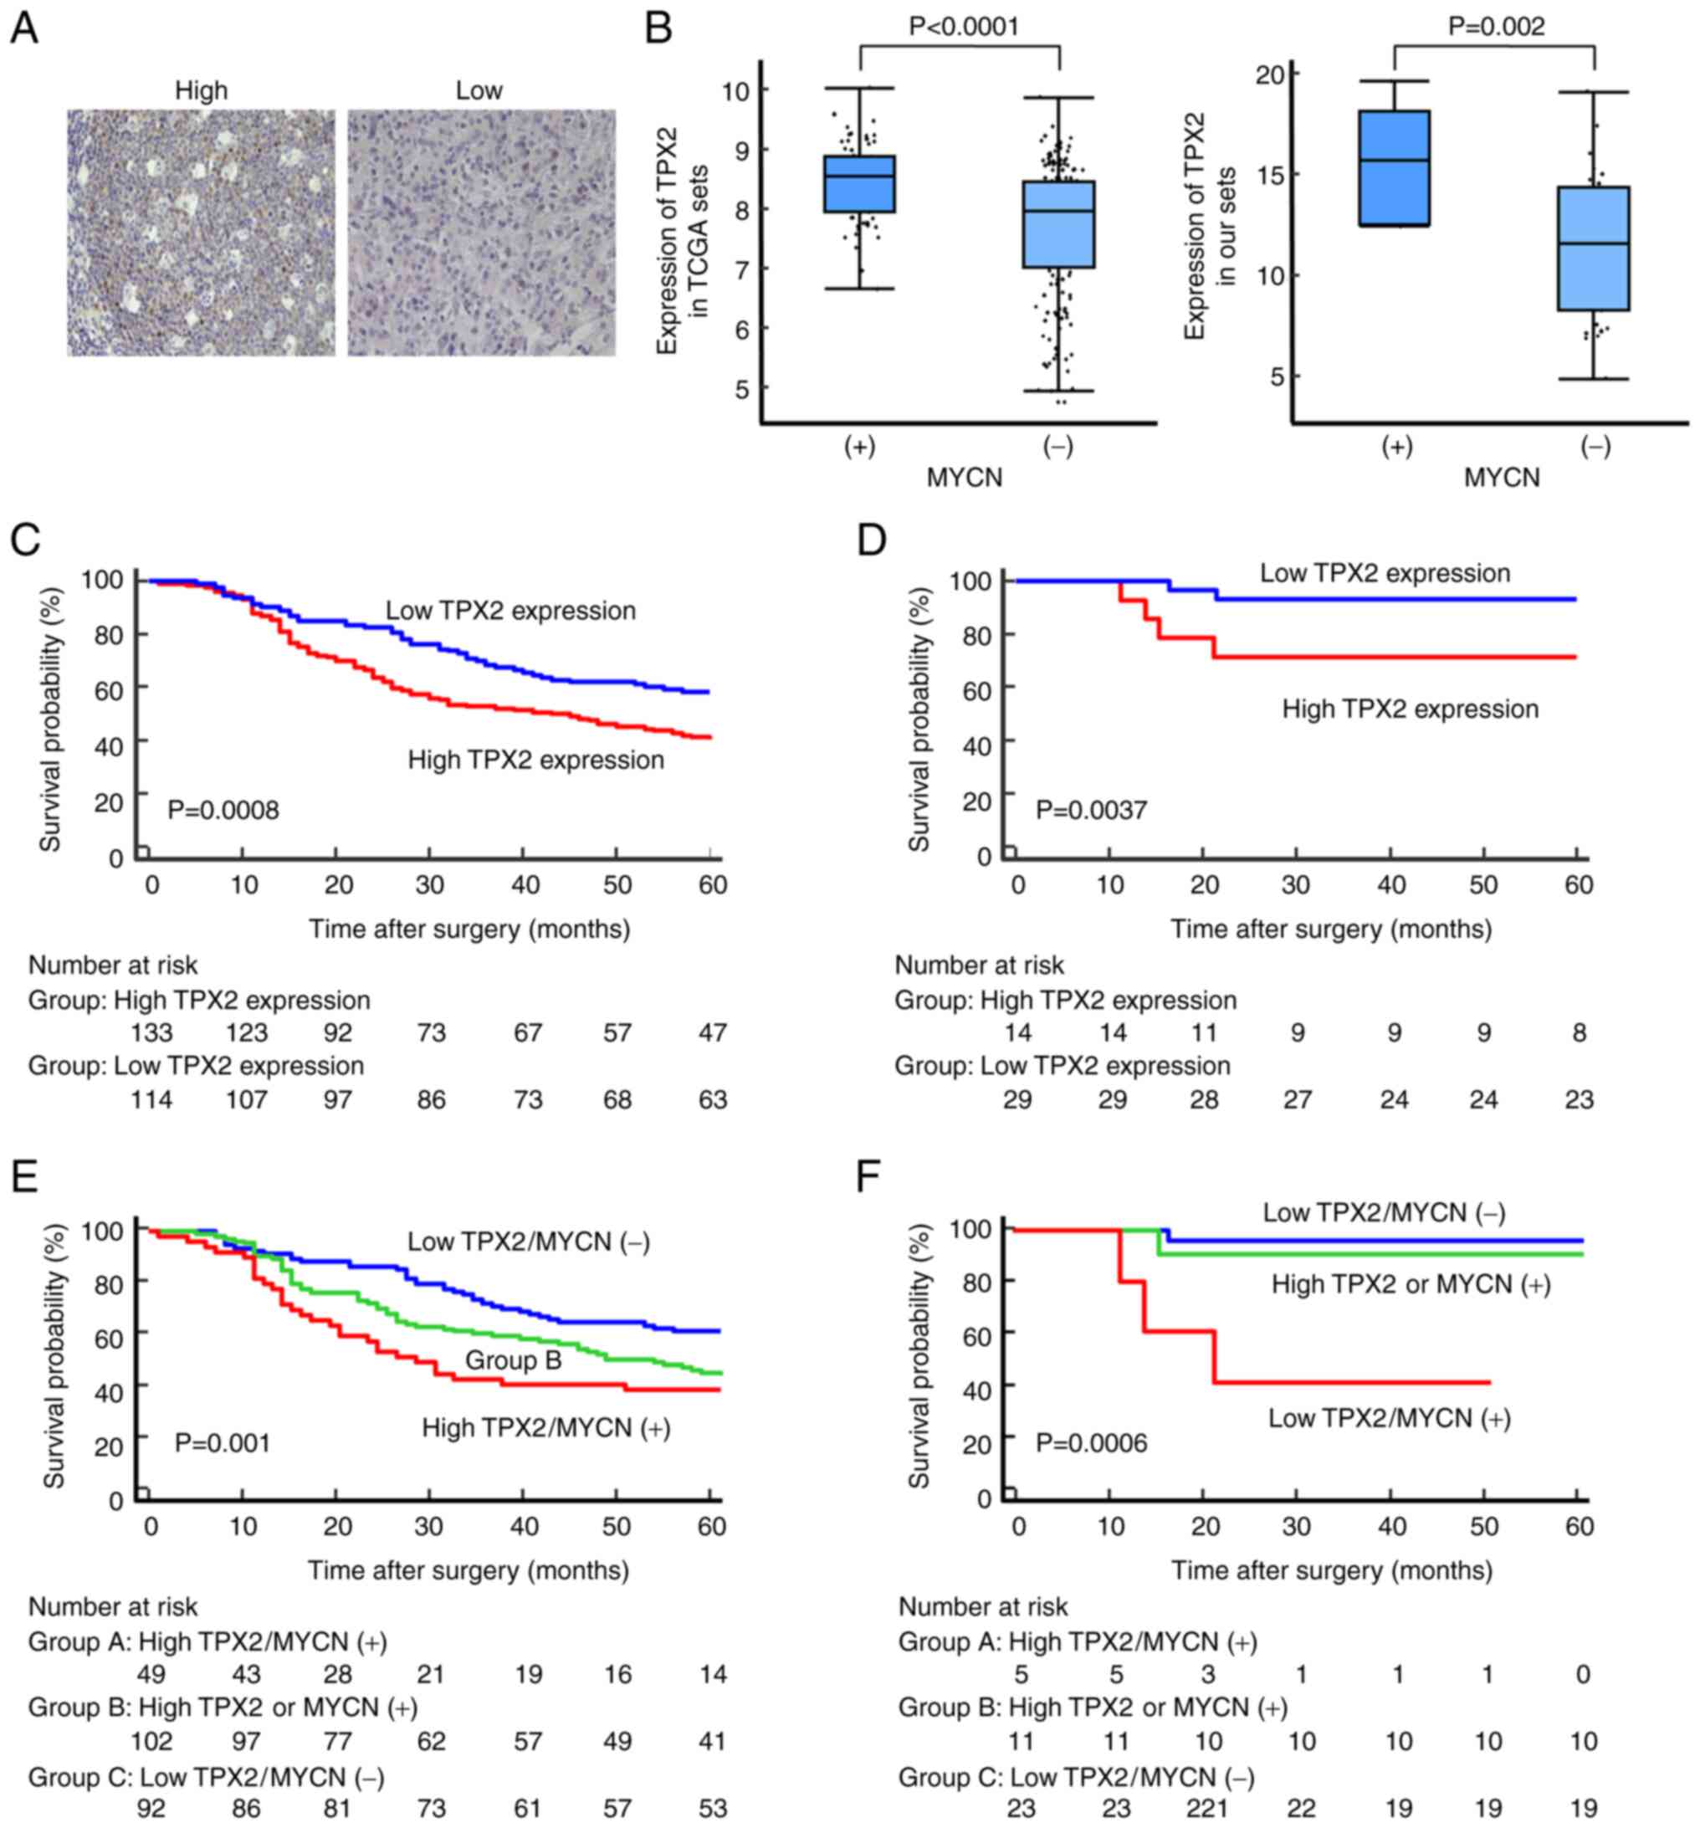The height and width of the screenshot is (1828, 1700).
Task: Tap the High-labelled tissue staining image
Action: coord(201,233)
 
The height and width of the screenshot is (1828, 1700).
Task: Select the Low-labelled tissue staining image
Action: coord(481,233)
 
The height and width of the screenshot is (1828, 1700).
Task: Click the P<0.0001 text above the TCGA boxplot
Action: coord(964,26)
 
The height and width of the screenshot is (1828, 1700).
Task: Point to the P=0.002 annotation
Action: coord(1496,26)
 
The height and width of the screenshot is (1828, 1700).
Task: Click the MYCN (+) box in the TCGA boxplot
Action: coord(860,184)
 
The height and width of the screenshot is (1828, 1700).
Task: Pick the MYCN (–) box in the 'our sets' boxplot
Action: coord(1594,249)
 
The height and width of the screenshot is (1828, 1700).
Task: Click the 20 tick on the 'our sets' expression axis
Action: coord(1272,74)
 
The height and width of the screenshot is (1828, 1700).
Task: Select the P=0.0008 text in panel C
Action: coord(223,810)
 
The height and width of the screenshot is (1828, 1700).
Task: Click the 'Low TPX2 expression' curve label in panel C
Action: coord(510,611)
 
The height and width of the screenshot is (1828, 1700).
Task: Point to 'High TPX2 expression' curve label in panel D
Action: coord(1410,709)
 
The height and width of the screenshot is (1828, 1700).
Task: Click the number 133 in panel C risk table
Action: coord(151,1032)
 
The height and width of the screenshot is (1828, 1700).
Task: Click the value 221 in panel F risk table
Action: coord(1206,1808)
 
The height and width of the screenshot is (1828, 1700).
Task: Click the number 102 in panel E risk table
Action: coord(151,1741)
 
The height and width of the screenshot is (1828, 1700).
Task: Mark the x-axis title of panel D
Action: coord(1330,929)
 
